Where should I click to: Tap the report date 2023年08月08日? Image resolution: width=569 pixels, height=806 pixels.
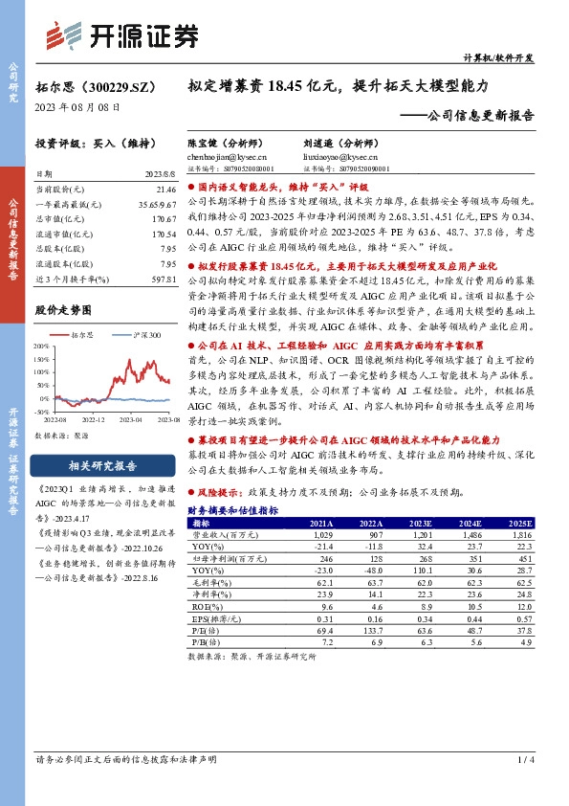[73, 108]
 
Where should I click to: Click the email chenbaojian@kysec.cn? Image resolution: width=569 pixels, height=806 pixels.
[227, 156]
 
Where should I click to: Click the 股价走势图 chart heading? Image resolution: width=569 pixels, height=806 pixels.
[63, 310]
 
